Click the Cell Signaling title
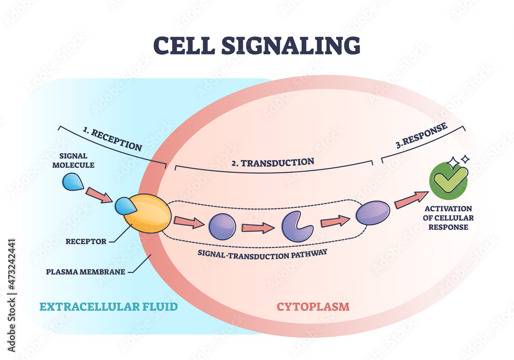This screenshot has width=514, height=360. (x=257, y=45)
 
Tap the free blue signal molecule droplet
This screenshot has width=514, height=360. (x=73, y=182)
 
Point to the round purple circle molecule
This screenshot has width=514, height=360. (x=222, y=226)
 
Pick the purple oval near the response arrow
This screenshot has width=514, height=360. (x=373, y=212)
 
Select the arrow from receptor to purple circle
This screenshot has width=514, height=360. (x=188, y=222)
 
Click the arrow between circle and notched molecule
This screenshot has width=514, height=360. (x=258, y=226)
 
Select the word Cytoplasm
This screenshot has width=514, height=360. (x=313, y=307)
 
